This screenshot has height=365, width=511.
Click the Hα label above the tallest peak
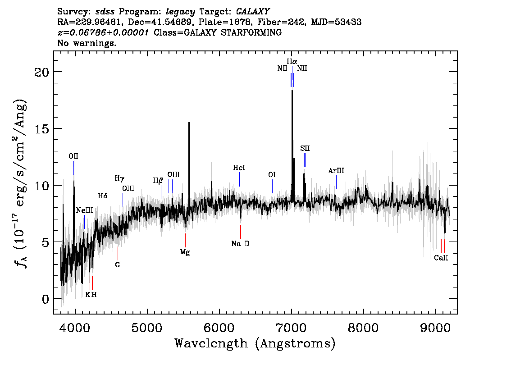coord(292,61)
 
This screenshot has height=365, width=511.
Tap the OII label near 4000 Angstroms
coord(73,156)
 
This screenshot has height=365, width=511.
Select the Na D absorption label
coord(240,244)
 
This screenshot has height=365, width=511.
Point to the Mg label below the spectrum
coord(185,252)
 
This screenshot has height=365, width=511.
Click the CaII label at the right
coord(441,258)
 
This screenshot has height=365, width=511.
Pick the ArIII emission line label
coord(336,171)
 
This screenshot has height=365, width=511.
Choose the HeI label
coord(239,168)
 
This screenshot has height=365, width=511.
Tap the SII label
coord(305,148)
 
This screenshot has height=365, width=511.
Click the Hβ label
coord(158,181)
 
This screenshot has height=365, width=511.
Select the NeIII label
coord(84,210)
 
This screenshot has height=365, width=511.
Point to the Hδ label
coord(103,196)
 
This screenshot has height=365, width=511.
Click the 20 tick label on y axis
coord(42,72)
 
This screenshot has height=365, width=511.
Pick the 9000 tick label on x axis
coord(435,327)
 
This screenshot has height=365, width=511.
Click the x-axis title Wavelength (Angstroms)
coord(255,344)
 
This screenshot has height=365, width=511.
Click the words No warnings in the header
coord(87,43)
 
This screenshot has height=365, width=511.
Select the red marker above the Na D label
coord(241,232)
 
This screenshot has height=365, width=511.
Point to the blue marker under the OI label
coord(272,186)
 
